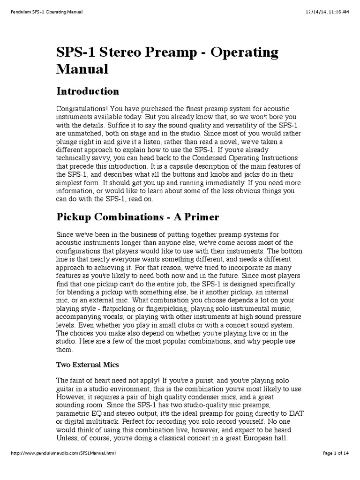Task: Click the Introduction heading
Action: [88, 91]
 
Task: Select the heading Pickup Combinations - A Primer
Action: [137, 217]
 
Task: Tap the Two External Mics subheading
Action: [87, 364]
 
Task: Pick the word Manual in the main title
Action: [82, 69]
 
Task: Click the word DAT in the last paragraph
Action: [294, 421]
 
